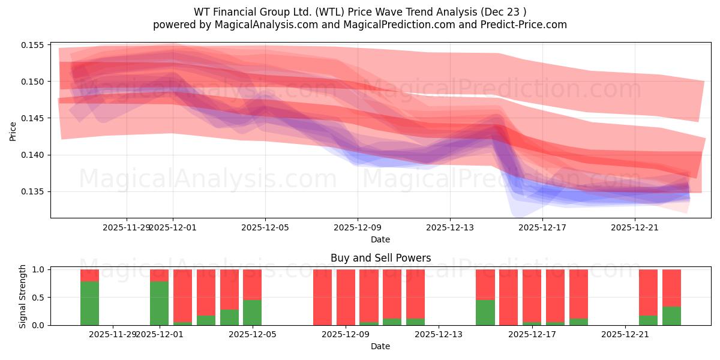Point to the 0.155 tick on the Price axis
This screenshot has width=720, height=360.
[x=34, y=45]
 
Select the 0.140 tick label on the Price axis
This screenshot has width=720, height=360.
[x=34, y=155]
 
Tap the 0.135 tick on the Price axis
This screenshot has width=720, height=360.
[x=34, y=192]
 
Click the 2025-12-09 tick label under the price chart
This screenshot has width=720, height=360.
[x=358, y=227]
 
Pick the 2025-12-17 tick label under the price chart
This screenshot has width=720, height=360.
[x=542, y=227]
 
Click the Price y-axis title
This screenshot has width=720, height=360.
[x=13, y=130]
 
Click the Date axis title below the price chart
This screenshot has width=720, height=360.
[x=380, y=239]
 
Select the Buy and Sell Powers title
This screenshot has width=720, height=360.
[x=380, y=258]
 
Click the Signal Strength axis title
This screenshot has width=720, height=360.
[x=23, y=296]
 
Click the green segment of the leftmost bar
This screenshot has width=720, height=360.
[x=90, y=304]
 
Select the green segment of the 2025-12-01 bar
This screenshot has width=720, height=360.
[x=159, y=304]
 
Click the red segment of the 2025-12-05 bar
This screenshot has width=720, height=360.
[x=252, y=284]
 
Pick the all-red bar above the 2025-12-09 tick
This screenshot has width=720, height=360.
[x=346, y=297]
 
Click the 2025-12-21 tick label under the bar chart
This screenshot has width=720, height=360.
[x=625, y=334]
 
